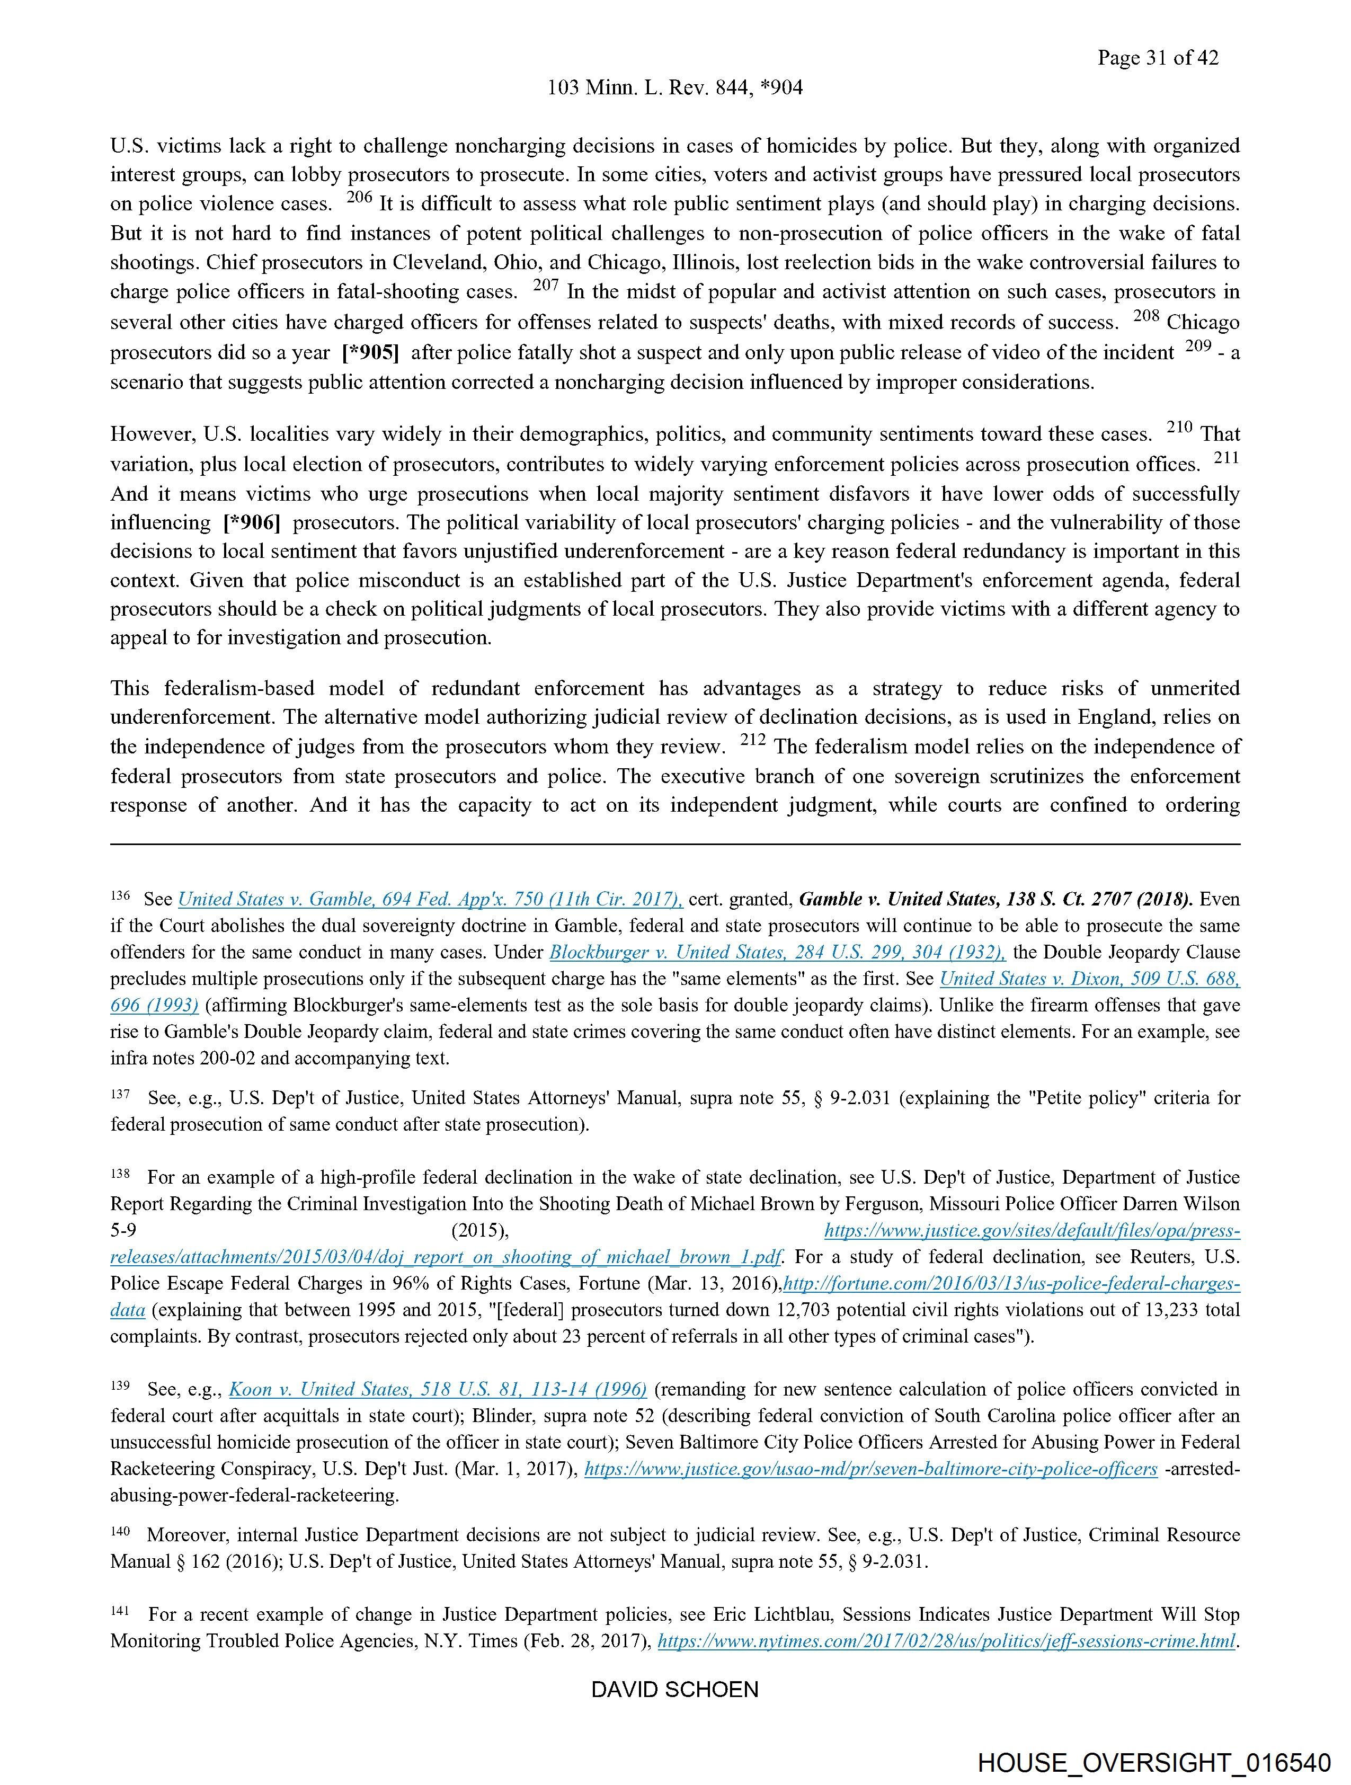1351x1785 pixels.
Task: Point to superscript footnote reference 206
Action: [359, 198]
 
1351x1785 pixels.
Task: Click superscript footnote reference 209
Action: [1198, 347]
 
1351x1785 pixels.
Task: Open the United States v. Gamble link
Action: [430, 899]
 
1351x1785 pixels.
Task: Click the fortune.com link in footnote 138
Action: [1012, 1284]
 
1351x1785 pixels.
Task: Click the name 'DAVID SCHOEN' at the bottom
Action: [674, 1690]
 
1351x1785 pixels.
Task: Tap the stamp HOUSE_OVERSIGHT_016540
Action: [1154, 1762]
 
